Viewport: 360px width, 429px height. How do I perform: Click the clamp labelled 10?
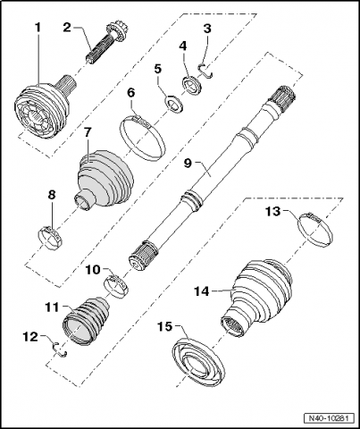click(117, 285)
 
